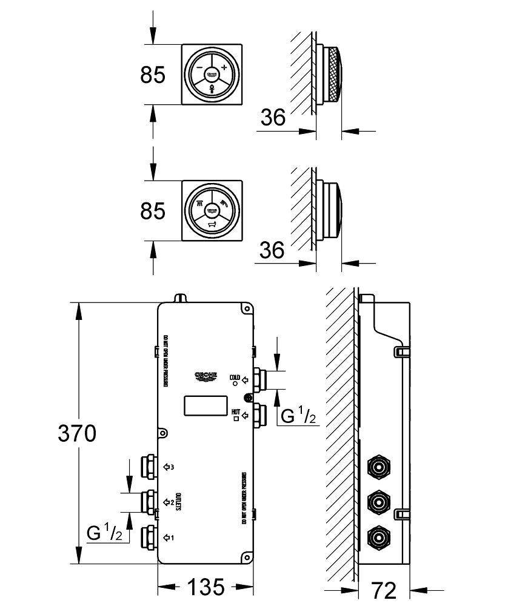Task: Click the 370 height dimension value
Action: click(76, 434)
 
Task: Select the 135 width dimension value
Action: click(206, 587)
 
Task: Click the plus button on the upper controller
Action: click(224, 67)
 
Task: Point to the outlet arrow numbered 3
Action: click(169, 467)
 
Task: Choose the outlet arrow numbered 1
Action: click(169, 537)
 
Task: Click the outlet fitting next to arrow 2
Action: click(148, 502)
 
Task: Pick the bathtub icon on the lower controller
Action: click(212, 224)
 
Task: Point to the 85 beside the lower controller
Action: click(153, 211)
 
